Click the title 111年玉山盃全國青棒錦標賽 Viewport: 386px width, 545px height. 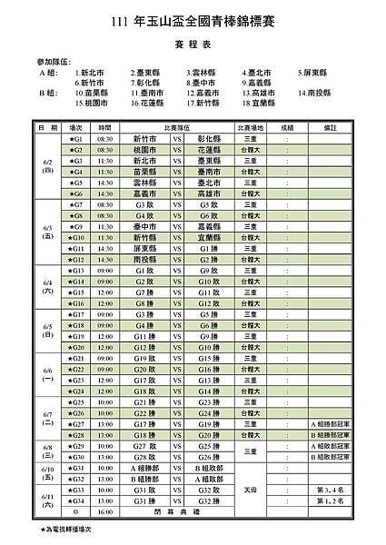pyautogui.click(x=193, y=22)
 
